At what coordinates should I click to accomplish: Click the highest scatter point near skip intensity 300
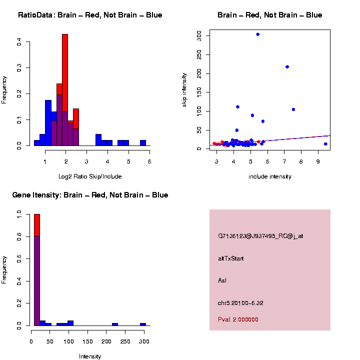coord(257,34)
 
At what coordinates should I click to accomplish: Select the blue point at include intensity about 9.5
coord(325,144)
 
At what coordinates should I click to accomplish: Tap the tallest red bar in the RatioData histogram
coord(65,75)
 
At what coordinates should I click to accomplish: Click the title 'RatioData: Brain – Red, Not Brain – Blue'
coord(90,15)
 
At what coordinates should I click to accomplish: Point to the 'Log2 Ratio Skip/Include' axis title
coord(90,176)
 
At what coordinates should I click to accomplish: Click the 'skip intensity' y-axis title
coord(184,89)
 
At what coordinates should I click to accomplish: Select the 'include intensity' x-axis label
coord(270,176)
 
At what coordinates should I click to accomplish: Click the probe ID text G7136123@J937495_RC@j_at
coord(260,236)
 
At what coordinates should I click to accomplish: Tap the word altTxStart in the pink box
coord(231,258)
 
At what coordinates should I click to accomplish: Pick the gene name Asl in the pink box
coord(222,280)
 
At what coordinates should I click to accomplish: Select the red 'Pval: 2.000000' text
coord(238,319)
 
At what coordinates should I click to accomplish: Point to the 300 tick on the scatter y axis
coord(199,35)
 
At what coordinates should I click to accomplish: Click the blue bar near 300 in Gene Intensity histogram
coord(143,324)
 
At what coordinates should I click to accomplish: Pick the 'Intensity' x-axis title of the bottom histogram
coord(90,356)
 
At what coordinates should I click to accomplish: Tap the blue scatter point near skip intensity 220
coord(287,67)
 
